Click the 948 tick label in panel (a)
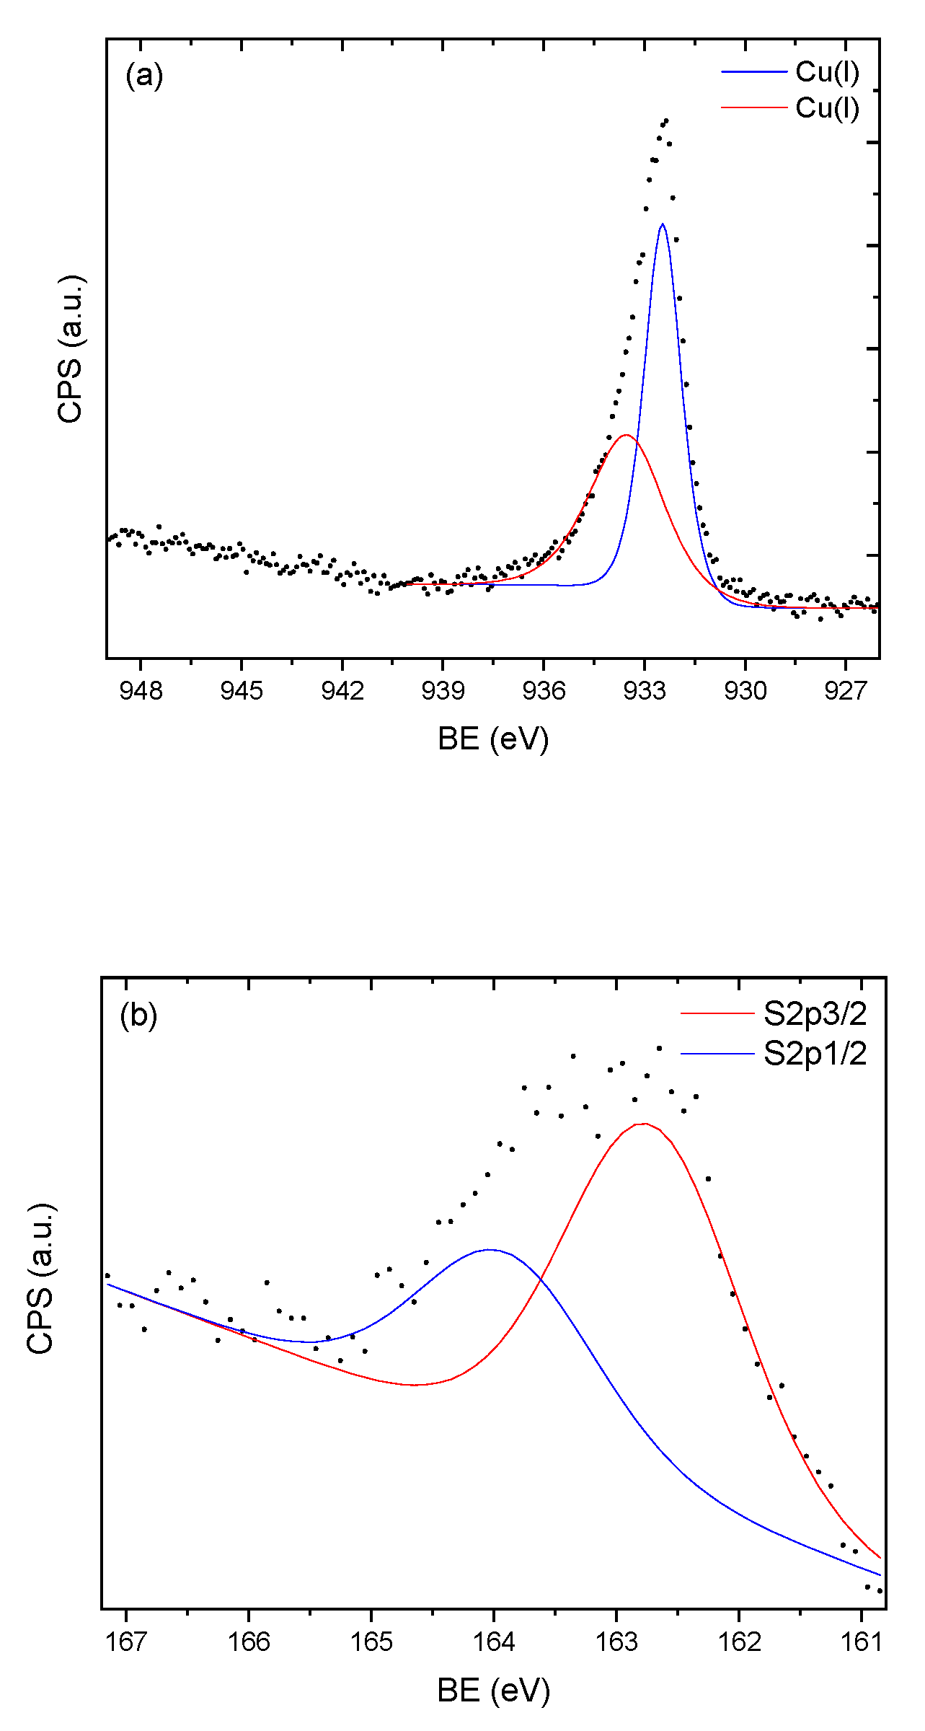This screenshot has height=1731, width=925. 141,691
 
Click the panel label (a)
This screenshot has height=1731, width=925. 144,75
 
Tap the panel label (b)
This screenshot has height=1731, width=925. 138,1016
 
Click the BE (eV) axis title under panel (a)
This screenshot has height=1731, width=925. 493,739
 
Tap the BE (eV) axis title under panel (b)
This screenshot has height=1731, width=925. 493,1690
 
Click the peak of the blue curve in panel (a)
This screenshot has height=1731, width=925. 662,224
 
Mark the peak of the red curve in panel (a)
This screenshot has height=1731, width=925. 627,435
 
